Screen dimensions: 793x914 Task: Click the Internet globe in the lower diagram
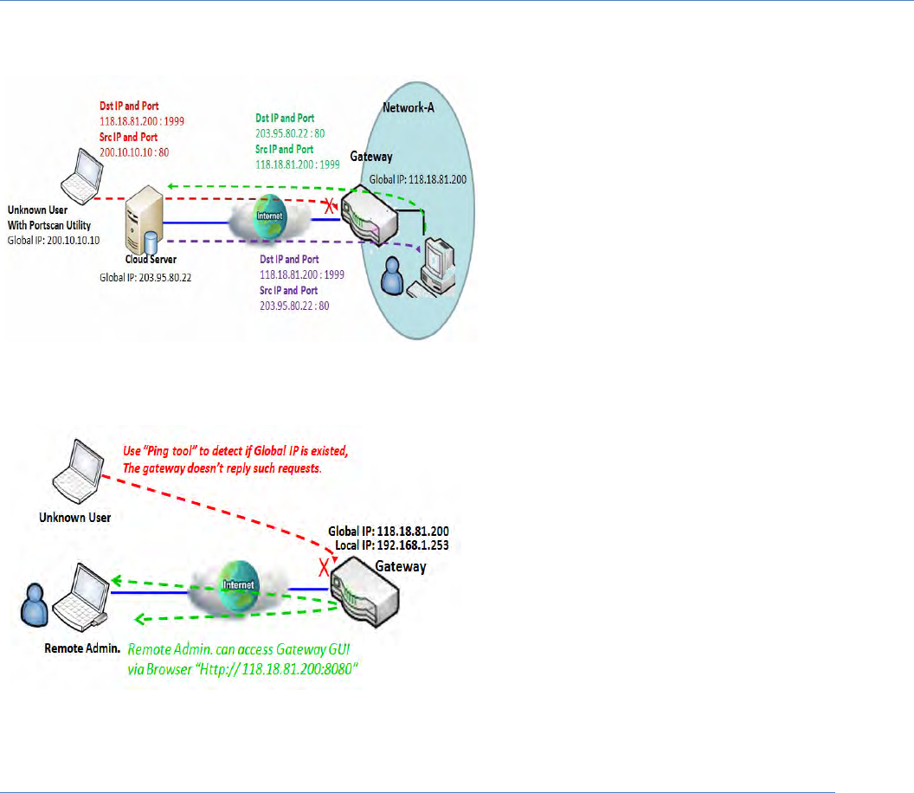pyautogui.click(x=238, y=585)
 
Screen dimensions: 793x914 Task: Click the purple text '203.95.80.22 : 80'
pyautogui.click(x=294, y=306)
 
